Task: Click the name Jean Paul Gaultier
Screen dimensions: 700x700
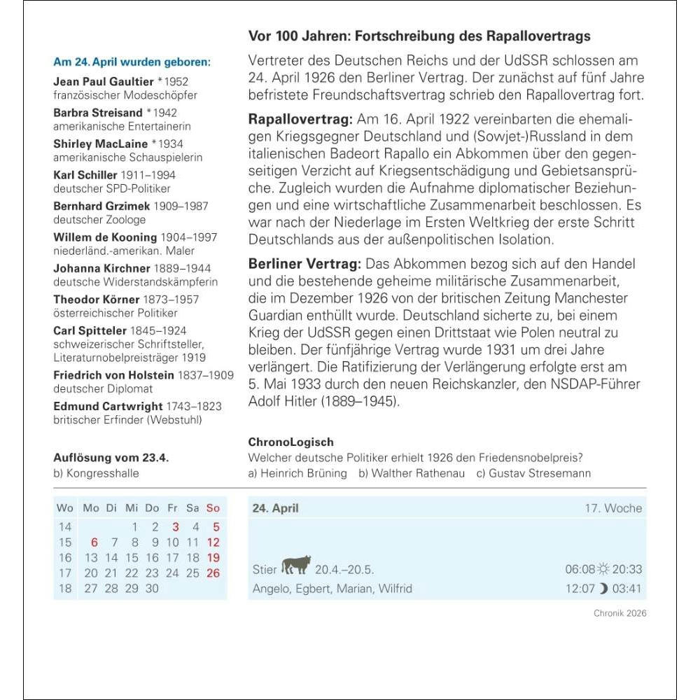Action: [104, 81]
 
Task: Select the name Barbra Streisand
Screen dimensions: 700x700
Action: [97, 113]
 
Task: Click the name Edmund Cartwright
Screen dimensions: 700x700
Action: [108, 406]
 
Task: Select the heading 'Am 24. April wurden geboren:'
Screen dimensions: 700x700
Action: [132, 62]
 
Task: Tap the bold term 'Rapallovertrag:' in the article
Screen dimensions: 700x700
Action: [301, 119]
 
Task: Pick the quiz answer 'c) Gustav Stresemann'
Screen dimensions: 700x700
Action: [533, 472]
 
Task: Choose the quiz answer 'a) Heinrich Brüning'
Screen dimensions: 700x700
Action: [297, 472]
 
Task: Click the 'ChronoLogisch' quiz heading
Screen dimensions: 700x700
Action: [290, 442]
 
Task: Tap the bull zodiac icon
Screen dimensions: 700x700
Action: [296, 565]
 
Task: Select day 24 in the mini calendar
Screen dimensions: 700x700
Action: [173, 573]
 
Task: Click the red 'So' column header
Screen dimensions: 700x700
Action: [213, 508]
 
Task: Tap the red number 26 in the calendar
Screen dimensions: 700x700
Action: [213, 573]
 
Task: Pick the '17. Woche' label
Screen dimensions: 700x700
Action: [613, 508]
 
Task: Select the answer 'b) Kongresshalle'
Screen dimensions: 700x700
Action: [96, 472]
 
